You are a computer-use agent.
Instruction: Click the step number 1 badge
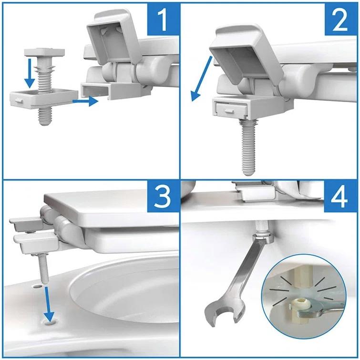(x=163, y=19)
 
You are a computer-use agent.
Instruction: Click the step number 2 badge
(x=340, y=19)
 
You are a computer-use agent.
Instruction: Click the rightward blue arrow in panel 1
(x=86, y=101)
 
